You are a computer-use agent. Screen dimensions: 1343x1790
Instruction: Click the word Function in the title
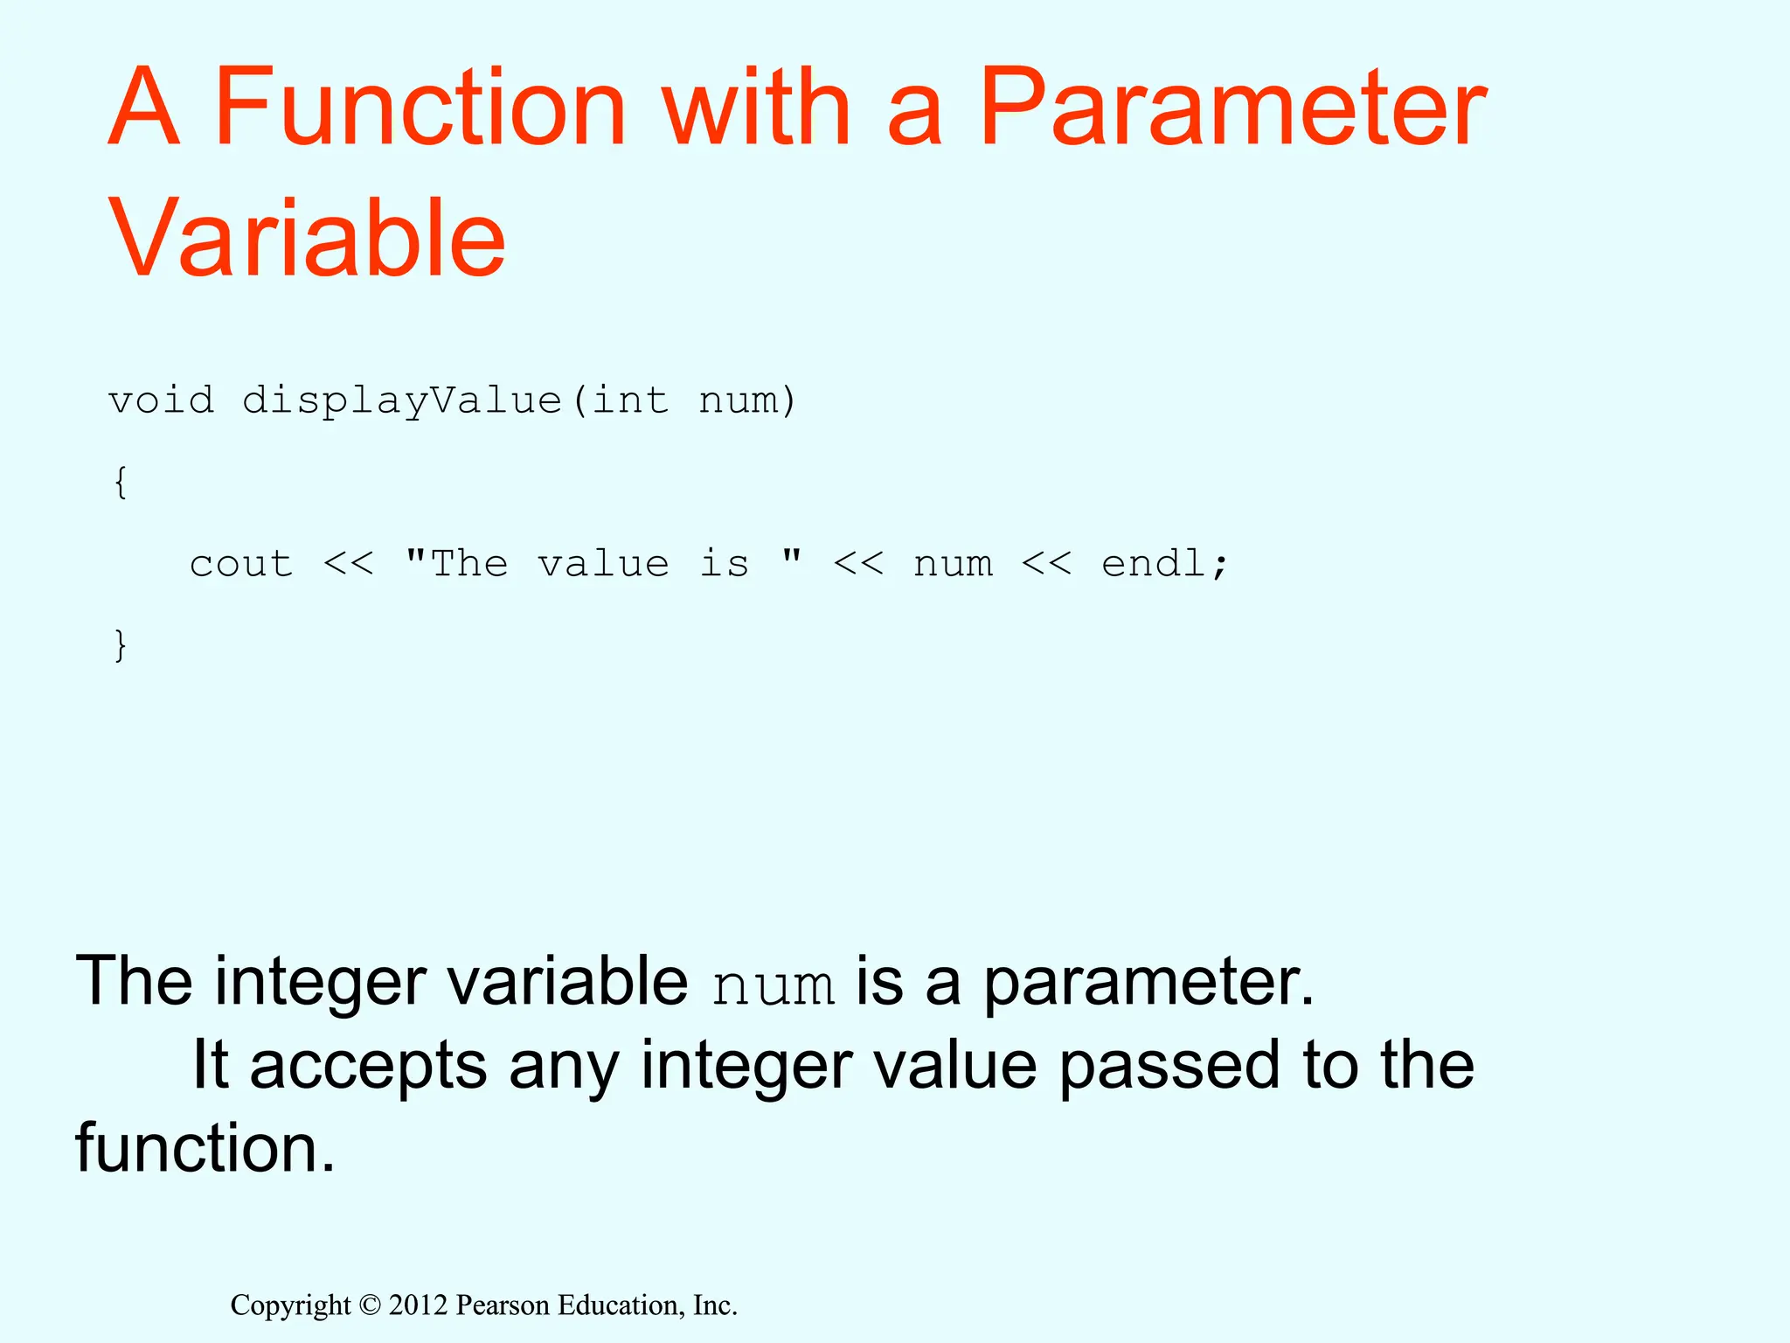pos(420,108)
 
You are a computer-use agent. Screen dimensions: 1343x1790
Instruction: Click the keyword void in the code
pos(161,400)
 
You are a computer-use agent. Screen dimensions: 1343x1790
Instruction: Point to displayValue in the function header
pos(402,400)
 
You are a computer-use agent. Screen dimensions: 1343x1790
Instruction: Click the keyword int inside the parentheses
pos(631,400)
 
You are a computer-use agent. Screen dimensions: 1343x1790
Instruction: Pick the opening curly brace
pos(121,482)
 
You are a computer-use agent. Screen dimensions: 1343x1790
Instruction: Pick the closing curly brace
pos(121,645)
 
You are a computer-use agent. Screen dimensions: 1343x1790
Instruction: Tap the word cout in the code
pos(241,564)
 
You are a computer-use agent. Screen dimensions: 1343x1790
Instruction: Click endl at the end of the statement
pos(1154,564)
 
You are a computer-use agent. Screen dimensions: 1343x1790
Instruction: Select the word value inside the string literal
pos(603,564)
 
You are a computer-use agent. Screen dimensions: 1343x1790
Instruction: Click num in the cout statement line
pos(953,564)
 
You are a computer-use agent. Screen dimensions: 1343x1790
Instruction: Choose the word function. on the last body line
pos(205,1148)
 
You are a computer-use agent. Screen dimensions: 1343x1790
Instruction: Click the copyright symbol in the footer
pos(371,1305)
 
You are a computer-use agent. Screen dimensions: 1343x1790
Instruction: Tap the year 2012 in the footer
pos(418,1305)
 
